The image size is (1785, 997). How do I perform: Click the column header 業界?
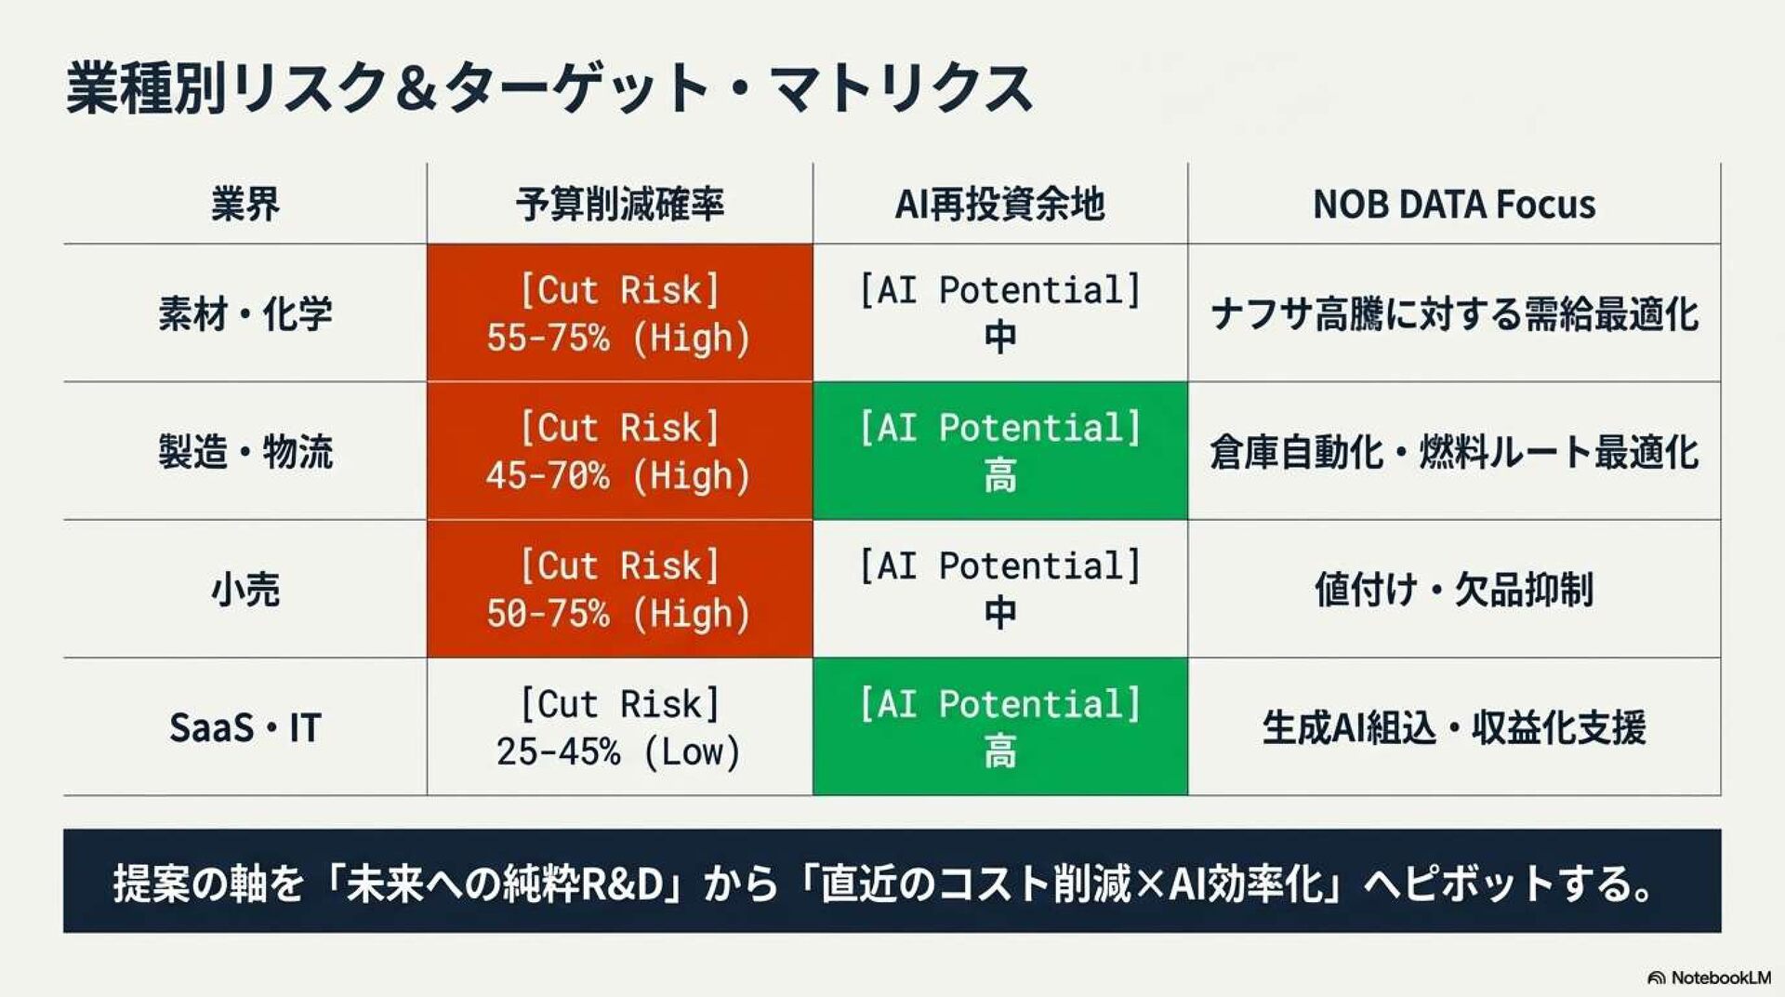point(245,204)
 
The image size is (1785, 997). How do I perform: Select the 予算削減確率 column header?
point(620,204)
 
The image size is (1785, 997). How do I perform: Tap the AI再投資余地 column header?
point(999,204)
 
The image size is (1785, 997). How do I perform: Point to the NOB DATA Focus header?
point(1454,204)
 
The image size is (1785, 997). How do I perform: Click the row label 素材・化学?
point(245,313)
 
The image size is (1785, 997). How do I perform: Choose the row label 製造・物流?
point(245,451)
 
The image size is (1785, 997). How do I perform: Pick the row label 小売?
point(245,589)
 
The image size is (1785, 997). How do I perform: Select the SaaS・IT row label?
point(245,727)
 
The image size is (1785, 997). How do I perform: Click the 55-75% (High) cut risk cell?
point(620,313)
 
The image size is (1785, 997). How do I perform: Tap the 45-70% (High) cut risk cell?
point(620,451)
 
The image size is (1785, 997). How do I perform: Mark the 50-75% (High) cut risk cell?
point(620,589)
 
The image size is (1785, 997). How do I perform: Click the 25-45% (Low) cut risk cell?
point(620,727)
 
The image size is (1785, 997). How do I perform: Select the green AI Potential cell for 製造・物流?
point(999,451)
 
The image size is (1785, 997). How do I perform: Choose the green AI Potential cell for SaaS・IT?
point(999,727)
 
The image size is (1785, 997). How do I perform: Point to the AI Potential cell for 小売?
point(999,589)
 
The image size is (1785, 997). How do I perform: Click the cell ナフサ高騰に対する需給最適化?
point(1454,314)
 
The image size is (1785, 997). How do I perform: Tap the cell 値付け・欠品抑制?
point(1454,589)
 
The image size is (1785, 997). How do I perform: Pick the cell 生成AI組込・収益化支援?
point(1454,727)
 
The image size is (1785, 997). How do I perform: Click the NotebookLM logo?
point(1709,977)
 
